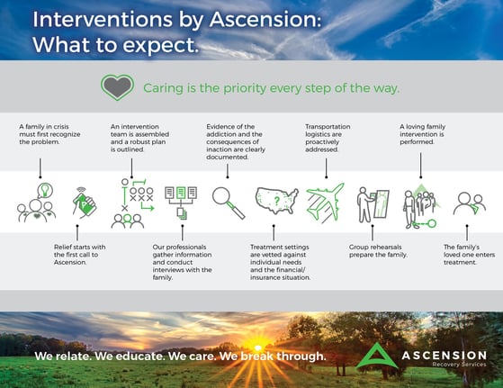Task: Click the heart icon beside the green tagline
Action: click(x=117, y=87)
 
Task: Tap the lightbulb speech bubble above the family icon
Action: click(x=45, y=191)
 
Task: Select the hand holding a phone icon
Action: click(x=85, y=203)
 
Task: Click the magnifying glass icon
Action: click(x=228, y=203)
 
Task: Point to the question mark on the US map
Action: click(x=277, y=201)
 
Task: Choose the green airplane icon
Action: click(x=325, y=203)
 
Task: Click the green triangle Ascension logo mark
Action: click(x=377, y=356)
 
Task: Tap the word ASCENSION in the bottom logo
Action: click(x=445, y=356)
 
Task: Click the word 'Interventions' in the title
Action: click(x=103, y=19)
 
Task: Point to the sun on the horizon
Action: click(x=257, y=347)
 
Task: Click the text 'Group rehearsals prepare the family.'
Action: click(x=378, y=251)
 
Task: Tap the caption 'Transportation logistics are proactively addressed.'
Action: click(x=328, y=138)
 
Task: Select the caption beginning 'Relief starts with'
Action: click(x=79, y=255)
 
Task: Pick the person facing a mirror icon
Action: click(x=373, y=204)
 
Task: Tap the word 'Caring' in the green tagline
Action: click(x=163, y=88)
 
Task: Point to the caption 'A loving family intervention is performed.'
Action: click(x=423, y=134)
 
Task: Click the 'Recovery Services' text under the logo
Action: click(x=459, y=365)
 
